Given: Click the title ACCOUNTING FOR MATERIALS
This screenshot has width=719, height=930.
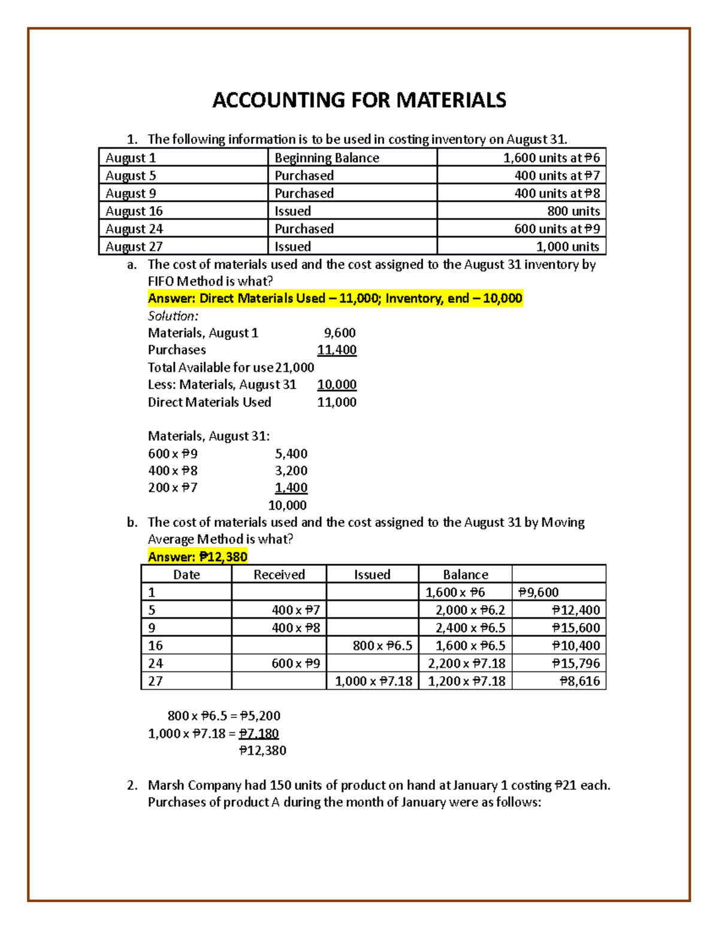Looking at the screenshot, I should pos(359,100).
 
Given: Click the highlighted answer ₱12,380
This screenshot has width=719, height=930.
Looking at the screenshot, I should pos(198,557).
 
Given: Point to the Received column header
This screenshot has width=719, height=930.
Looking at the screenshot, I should pos(279,575).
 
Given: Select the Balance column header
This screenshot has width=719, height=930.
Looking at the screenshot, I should pos(465,575).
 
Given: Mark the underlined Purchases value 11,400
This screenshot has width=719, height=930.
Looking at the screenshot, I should pos(337,350).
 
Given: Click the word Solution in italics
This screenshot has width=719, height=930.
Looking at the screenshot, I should pos(172,316).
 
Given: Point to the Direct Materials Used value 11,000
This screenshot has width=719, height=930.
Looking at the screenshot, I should pos(337,402).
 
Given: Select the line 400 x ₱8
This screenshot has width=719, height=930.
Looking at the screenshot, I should pos(173,471).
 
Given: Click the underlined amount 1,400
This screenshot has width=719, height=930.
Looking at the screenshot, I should pos(291,488).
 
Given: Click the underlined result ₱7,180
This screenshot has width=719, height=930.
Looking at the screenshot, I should pos(259,734).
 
